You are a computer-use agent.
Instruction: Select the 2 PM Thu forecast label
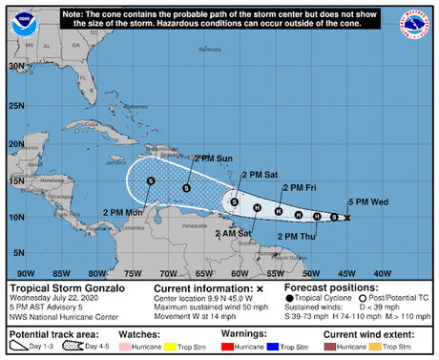coord(297,236)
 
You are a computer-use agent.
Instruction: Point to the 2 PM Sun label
coord(213,159)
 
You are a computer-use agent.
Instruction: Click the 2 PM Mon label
coord(119,212)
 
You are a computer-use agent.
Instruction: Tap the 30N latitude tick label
coord(16,65)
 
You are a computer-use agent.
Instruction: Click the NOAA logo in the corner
coord(22,24)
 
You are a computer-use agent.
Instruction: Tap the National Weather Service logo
coord(417,24)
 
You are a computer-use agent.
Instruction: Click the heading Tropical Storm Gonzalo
coord(60,287)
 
